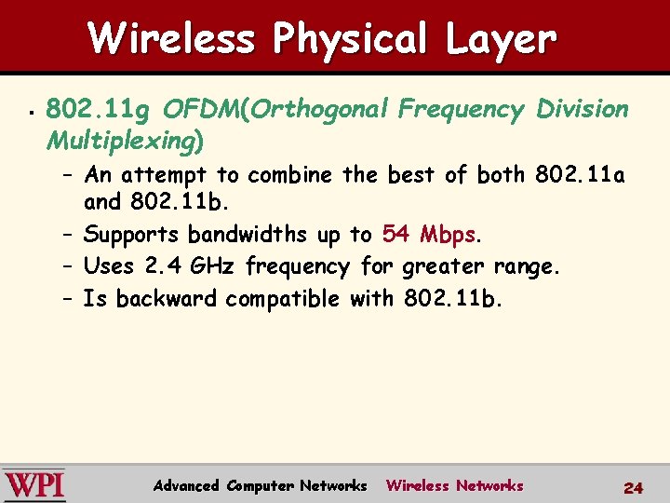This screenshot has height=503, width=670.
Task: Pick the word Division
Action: [x=583, y=110]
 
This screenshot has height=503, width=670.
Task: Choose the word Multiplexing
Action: [x=121, y=142]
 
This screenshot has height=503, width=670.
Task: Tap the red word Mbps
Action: [x=448, y=234]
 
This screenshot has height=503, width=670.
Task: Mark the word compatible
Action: [x=284, y=299]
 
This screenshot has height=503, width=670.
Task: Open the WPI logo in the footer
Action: [x=33, y=485]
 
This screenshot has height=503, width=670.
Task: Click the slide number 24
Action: [x=634, y=487]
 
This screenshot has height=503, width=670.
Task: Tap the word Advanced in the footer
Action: [x=186, y=485]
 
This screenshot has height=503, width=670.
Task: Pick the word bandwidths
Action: [x=248, y=234]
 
